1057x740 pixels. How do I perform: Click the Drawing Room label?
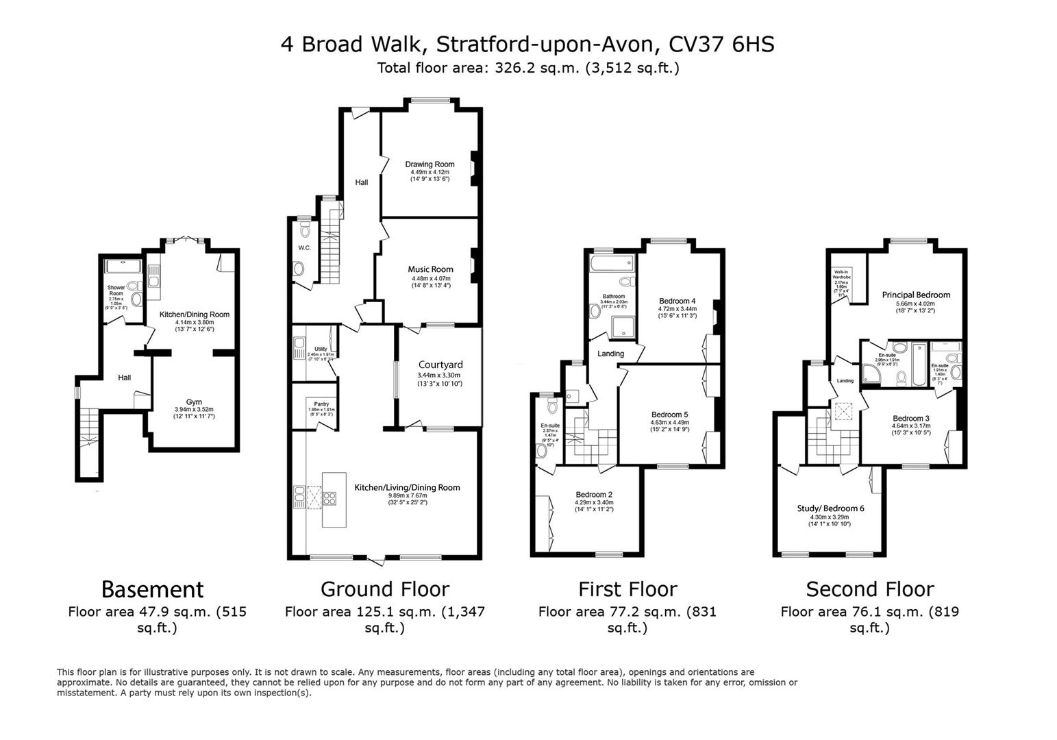430,164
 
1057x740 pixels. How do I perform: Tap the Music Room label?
430,269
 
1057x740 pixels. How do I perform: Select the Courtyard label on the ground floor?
440,365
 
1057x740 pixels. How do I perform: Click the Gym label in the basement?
194,402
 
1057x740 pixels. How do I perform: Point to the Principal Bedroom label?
916,295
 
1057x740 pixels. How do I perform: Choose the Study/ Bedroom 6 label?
830,508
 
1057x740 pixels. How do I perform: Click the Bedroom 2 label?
594,495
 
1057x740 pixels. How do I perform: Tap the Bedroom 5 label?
669,415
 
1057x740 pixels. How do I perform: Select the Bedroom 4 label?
677,301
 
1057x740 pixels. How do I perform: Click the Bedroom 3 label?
911,419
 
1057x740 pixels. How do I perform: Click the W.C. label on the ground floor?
304,247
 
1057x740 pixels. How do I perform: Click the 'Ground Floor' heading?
385,589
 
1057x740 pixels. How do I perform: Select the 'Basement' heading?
152,589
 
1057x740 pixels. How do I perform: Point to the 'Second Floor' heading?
869,589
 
